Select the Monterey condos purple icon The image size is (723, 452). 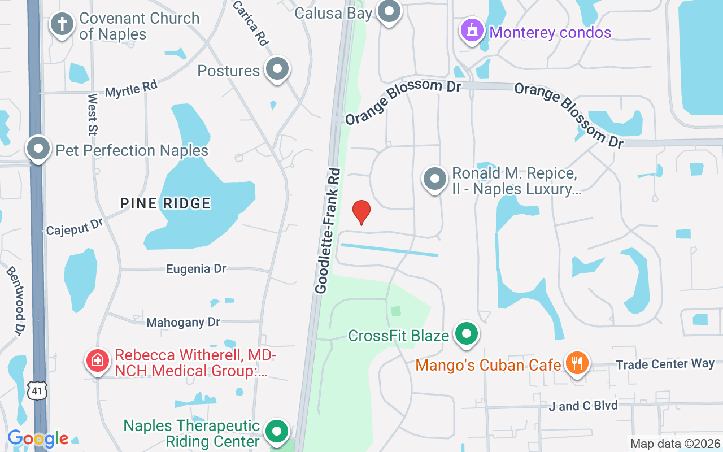pos(472,29)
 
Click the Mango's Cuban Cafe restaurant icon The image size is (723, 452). pos(576,362)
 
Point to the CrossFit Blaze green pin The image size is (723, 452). pos(466,333)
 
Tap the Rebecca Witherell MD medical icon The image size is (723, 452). pos(97,360)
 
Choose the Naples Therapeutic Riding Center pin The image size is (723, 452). pos(276,431)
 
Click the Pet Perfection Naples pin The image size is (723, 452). pos(38,149)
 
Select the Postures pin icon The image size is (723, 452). pos(277,69)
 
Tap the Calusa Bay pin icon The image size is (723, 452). pos(389,11)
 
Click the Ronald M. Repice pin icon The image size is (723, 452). pos(434,179)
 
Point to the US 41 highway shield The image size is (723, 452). pos(37,391)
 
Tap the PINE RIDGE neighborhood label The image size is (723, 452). pos(165,203)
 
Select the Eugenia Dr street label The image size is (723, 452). pos(196,269)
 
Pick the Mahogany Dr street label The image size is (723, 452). pos(183,323)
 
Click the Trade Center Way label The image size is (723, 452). pos(665,364)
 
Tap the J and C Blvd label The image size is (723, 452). pos(583,406)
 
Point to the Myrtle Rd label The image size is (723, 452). pos(131,89)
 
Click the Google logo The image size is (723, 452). pos(38,438)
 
